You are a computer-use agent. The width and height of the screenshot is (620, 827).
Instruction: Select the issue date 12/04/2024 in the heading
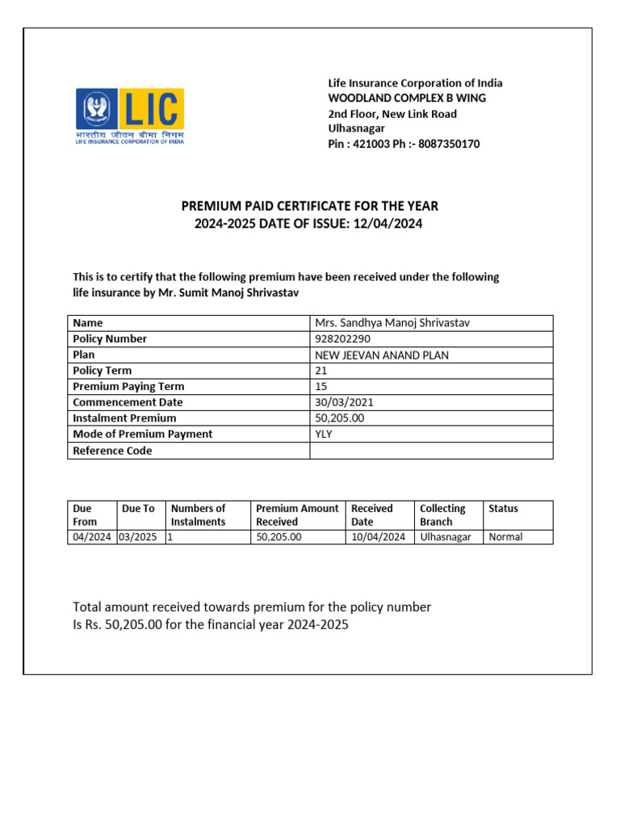tap(386, 223)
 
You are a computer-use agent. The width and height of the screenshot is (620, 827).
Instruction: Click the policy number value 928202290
tap(342, 339)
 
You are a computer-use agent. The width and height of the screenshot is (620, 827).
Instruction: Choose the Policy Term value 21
tap(320, 371)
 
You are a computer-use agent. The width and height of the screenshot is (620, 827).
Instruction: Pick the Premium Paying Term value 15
tap(320, 386)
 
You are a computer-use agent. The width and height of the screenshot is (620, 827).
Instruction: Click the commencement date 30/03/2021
tap(344, 402)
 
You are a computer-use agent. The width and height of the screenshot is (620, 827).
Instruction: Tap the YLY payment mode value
tap(324, 434)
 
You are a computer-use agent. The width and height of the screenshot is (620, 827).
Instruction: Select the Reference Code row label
tap(112, 451)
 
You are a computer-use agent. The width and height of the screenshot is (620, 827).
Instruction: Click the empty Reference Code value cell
tap(431, 451)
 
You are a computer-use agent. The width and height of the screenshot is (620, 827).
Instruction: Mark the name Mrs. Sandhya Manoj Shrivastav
tap(392, 323)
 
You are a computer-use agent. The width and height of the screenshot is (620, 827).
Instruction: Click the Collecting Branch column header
tap(442, 514)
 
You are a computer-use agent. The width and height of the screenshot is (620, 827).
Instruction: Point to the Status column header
tap(504, 509)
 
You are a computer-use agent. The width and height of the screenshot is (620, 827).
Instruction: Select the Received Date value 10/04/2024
tap(378, 537)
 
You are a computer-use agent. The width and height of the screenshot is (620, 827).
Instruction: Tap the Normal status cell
tap(505, 537)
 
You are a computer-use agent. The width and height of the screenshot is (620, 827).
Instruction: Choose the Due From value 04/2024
tap(91, 537)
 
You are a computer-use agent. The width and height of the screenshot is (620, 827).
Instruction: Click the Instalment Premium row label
tap(124, 418)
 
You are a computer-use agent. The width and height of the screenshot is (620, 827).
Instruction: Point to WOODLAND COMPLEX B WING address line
tap(406, 98)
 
